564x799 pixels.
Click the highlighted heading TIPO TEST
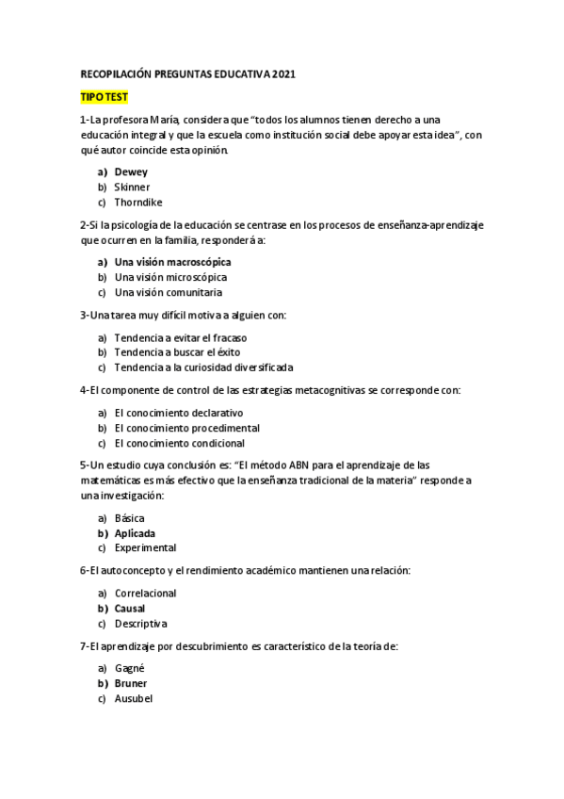click(105, 97)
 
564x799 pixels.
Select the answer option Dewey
click(131, 172)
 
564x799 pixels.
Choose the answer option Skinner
click(132, 188)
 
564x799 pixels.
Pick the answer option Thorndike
click(137, 203)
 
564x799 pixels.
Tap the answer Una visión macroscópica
click(172, 262)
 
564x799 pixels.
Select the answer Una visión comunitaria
click(169, 292)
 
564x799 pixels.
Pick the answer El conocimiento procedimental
click(186, 428)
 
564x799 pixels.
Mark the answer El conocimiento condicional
click(179, 443)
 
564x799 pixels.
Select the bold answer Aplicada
click(135, 533)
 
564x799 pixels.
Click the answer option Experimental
click(145, 548)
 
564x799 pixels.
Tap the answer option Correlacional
click(145, 594)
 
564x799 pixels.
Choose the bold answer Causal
click(130, 609)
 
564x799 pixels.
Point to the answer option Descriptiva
click(140, 624)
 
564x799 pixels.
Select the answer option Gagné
click(129, 668)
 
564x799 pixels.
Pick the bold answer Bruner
click(131, 683)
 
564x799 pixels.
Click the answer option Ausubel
click(133, 698)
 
